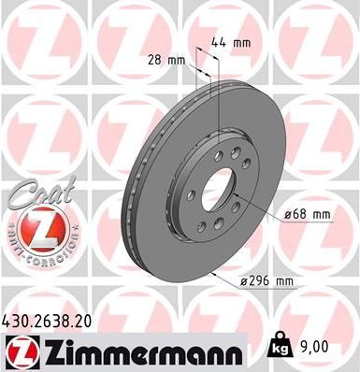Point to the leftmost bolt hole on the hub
pos(191,195)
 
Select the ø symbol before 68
pos(286,215)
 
